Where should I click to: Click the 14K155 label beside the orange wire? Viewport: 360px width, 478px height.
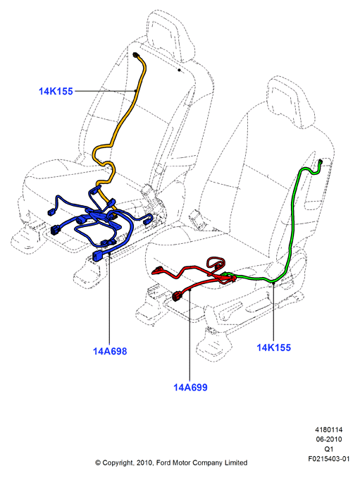coord(56,91)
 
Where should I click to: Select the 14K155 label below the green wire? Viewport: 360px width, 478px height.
coord(273,348)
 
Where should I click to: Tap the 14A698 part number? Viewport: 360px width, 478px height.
coord(110,351)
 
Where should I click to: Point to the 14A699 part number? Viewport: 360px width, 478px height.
coord(190,388)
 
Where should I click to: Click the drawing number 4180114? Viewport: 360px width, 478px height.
coord(328,430)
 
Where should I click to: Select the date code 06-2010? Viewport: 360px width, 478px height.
coord(328,439)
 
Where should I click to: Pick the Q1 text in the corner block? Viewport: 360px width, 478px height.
coord(328,449)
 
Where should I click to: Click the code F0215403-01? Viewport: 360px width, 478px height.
coord(328,459)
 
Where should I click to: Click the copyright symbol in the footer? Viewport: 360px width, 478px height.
coord(98,463)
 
